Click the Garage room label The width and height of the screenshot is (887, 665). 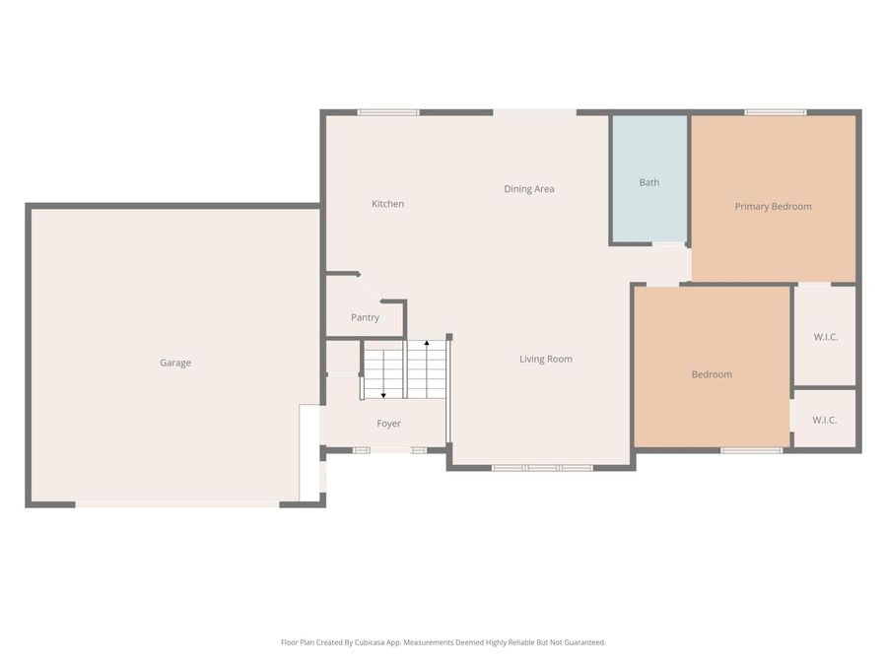tap(175, 363)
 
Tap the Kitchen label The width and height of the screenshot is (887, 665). tap(387, 204)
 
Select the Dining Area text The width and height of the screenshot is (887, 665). tap(529, 189)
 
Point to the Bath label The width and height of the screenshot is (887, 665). tap(648, 182)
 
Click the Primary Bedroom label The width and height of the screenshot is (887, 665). tap(773, 206)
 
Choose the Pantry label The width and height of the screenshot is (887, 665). tap(365, 317)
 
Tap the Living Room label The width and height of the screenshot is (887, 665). tap(546, 359)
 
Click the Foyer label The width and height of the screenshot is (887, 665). tap(388, 424)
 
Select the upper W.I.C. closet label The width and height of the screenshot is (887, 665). tap(825, 337)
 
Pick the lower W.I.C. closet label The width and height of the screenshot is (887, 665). tap(824, 420)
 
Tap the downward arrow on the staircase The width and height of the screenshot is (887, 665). tap(383, 394)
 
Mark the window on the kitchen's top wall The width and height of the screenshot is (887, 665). tap(388, 112)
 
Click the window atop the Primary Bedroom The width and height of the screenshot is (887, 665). tap(775, 112)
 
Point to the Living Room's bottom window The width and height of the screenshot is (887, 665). tap(542, 467)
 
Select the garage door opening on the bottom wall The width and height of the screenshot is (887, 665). tap(177, 504)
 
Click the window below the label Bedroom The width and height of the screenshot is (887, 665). tap(751, 450)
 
